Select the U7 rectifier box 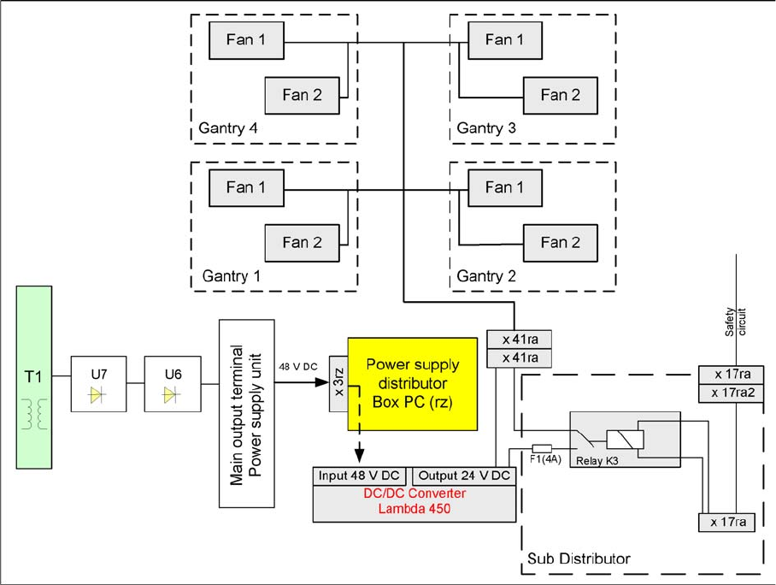pyautogui.click(x=97, y=385)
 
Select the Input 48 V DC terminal pyautogui.click(x=361, y=476)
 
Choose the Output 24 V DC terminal pyautogui.click(x=463, y=476)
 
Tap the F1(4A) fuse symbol pyautogui.click(x=542, y=447)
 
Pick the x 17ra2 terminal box pyautogui.click(x=725, y=393)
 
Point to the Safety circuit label pyautogui.click(x=736, y=321)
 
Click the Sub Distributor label pyautogui.click(x=575, y=558)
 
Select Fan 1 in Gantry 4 pyautogui.click(x=246, y=39)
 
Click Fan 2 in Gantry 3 pyautogui.click(x=561, y=95)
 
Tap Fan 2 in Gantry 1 pyautogui.click(x=301, y=243)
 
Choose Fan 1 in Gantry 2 pyautogui.click(x=505, y=187)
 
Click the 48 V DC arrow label pyautogui.click(x=297, y=367)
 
